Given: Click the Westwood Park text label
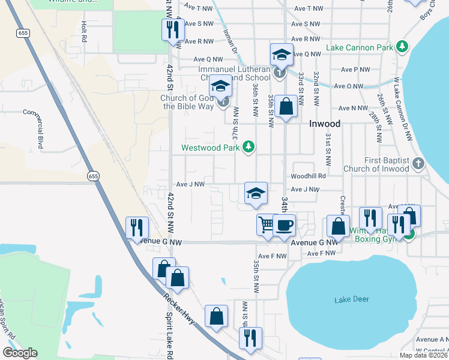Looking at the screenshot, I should pos(212,147).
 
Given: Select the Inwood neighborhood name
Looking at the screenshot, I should pos(325,124).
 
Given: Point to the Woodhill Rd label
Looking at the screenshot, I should pos(308,176).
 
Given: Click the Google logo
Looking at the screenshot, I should pos(20,353).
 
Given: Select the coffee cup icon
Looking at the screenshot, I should pos(285,225).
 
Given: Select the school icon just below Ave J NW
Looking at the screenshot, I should pos(256,193).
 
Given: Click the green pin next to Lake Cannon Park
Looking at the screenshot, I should pos(402,47).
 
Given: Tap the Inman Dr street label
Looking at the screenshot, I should pos(231,42).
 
